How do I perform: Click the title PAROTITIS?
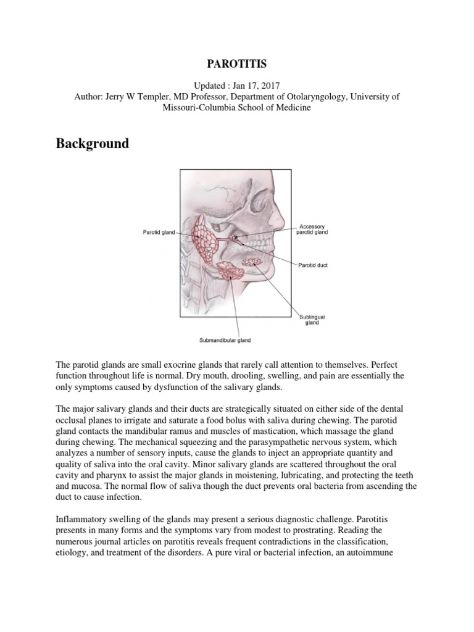[x=236, y=63]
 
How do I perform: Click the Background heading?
[x=93, y=143]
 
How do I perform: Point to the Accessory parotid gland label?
[x=313, y=229]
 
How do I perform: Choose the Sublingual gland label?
[x=312, y=320]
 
